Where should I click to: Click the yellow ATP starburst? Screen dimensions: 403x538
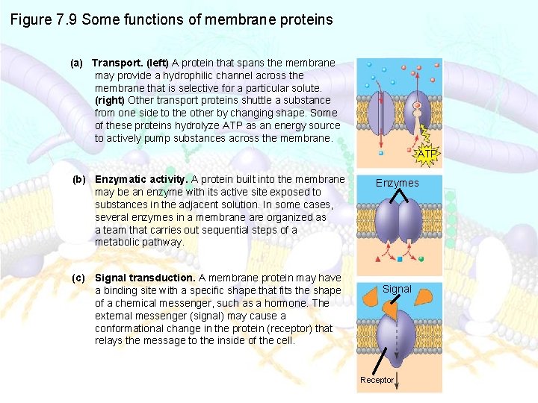click(427, 154)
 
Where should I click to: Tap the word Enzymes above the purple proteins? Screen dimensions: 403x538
click(397, 183)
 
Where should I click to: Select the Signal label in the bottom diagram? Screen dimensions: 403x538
click(397, 289)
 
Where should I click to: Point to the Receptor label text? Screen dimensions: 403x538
click(377, 380)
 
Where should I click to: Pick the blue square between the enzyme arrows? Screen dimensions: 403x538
click(400, 260)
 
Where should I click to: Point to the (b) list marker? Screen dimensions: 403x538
click(79, 179)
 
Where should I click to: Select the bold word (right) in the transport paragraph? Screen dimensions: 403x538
click(110, 100)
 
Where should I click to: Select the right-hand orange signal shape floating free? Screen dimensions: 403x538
click(423, 296)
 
